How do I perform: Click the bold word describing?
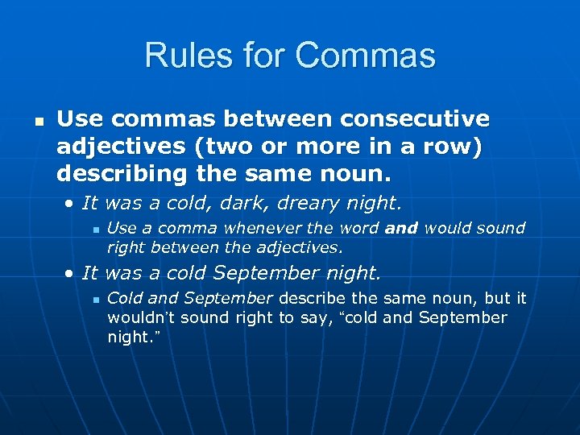pos(114,172)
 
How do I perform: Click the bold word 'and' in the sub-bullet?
pos(401,229)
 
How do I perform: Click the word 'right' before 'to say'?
pos(256,317)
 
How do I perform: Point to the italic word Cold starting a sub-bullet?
pos(124,299)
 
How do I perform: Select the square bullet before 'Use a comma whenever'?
pos(96,230)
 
